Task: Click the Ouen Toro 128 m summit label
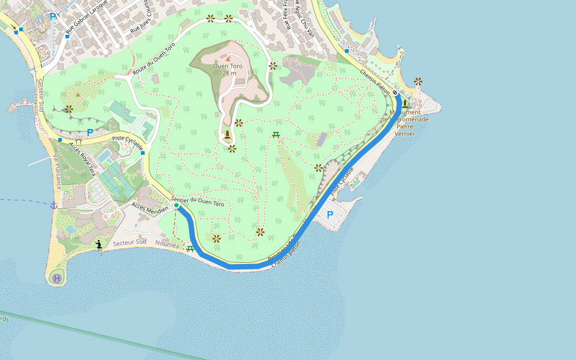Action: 228,70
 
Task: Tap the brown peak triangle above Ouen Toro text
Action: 228,59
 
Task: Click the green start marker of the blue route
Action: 176,206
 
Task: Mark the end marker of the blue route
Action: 395,93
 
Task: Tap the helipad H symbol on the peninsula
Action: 56,278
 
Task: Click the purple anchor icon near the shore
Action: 53,205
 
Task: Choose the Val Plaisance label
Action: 57,172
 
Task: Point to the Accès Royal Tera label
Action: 82,159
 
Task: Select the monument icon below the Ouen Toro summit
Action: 227,134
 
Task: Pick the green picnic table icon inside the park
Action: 276,134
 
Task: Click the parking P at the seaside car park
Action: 329,214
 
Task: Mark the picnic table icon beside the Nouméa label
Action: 190,248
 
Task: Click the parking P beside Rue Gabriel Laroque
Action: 53,16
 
